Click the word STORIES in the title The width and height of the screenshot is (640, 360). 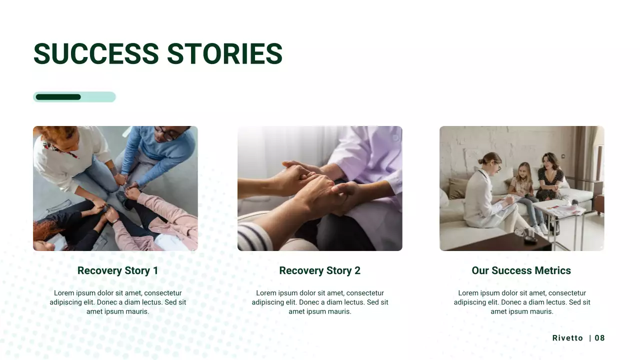click(224, 53)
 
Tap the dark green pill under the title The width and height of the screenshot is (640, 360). click(58, 97)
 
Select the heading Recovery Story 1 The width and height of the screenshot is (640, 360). click(117, 270)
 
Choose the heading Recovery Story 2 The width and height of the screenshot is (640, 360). click(319, 270)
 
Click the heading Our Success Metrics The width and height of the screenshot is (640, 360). click(521, 270)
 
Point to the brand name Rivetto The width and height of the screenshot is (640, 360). click(567, 338)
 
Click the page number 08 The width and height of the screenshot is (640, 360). click(599, 338)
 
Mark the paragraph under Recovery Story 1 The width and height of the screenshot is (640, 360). click(117, 302)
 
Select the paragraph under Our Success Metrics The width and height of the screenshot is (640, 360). click(521, 302)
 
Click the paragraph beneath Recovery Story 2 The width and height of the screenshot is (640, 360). click(319, 302)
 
